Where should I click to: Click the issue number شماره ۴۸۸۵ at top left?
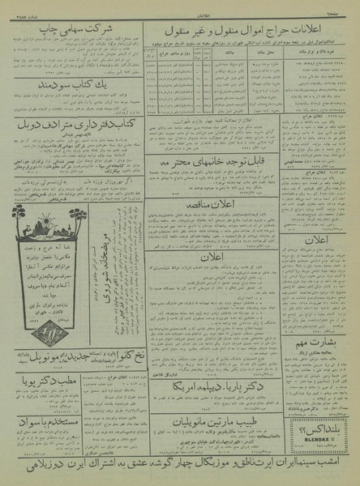18,6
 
